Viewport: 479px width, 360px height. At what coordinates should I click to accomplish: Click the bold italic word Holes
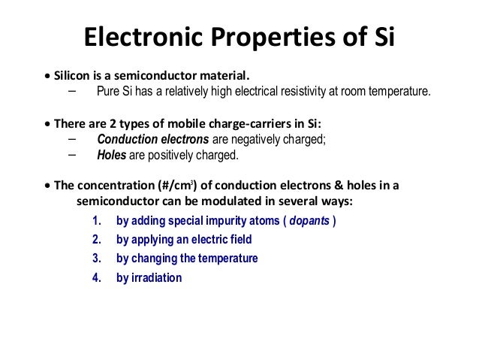(112, 156)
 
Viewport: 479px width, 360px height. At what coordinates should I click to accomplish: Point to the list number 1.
(95, 222)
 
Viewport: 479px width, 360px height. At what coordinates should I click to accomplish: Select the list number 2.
(95, 240)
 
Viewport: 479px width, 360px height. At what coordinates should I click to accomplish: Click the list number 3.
(95, 259)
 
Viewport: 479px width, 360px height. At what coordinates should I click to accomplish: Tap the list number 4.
(95, 277)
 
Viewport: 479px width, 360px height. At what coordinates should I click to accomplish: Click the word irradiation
(157, 277)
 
